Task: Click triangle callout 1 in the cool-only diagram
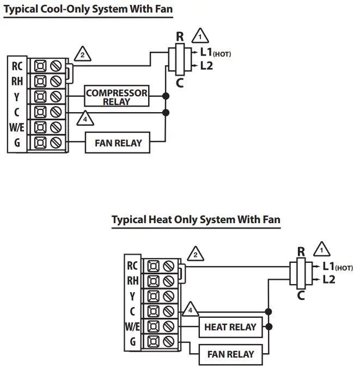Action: coord(200,36)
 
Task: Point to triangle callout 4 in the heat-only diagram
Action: coord(191,309)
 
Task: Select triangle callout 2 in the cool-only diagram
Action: coord(83,54)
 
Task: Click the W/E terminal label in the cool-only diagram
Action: coord(17,127)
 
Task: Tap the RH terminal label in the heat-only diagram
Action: coord(132,281)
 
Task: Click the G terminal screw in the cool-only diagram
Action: coord(56,143)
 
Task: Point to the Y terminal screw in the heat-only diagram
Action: coord(169,296)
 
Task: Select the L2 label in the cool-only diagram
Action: coord(206,66)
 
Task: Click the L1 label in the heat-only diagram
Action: coord(328,266)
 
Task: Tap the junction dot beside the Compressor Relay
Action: coord(166,96)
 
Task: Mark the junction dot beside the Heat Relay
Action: coord(269,327)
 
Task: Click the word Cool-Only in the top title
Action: coord(65,9)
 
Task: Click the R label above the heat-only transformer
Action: coord(301,251)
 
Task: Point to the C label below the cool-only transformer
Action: coord(180,83)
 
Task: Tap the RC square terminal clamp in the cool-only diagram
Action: coord(40,66)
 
